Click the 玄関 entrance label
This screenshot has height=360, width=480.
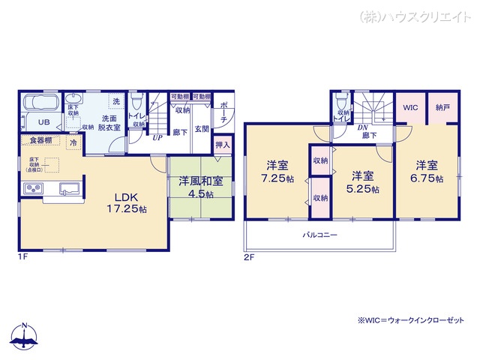pyautogui.click(x=202, y=129)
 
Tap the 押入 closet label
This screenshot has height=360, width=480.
pyautogui.click(x=223, y=144)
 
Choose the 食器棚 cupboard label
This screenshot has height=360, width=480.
pyautogui.click(x=41, y=140)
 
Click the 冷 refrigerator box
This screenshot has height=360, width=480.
pyautogui.click(x=73, y=142)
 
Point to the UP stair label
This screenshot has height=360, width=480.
pyautogui.click(x=157, y=138)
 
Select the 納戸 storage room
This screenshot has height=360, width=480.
pyautogui.click(x=442, y=108)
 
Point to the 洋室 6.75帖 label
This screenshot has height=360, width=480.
pyautogui.click(x=427, y=171)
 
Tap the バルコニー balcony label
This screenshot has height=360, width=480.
pyautogui.click(x=319, y=235)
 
